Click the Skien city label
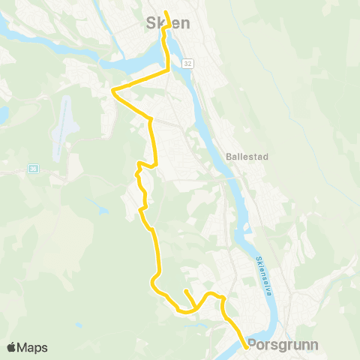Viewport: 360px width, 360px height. [x=166, y=24]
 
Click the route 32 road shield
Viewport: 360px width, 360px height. [x=187, y=64]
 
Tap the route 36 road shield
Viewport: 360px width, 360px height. [x=33, y=169]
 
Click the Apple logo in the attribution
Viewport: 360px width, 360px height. [x=11, y=348]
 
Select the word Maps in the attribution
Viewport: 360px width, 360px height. [x=32, y=348]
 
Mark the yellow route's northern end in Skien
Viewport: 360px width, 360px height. [x=165, y=11]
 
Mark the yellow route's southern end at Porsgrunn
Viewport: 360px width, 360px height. [x=247, y=347]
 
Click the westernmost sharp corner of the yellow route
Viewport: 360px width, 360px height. [x=112, y=91]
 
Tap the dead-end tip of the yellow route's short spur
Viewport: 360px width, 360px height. [x=185, y=290]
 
